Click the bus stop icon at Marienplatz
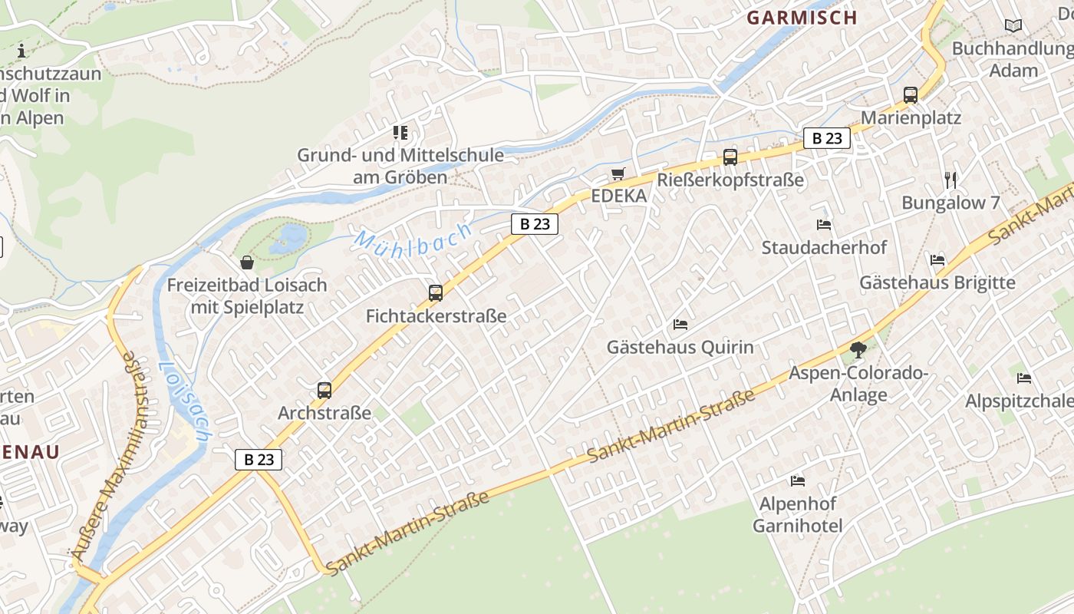(x=911, y=95)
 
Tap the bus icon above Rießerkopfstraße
(x=730, y=157)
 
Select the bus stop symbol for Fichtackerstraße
(x=436, y=292)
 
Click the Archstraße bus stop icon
(x=325, y=390)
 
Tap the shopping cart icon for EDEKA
(x=618, y=173)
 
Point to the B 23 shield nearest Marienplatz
(x=827, y=138)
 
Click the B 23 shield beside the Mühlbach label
(x=535, y=224)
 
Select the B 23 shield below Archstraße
(x=259, y=460)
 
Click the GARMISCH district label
(x=802, y=18)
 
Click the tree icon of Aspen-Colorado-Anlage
(x=858, y=351)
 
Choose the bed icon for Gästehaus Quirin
(x=680, y=325)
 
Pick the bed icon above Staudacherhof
(x=824, y=225)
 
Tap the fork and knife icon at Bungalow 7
(x=951, y=180)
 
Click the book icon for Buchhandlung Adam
(x=1013, y=25)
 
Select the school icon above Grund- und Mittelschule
(x=400, y=132)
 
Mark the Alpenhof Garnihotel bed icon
(x=798, y=481)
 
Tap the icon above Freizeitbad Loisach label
(x=247, y=262)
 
